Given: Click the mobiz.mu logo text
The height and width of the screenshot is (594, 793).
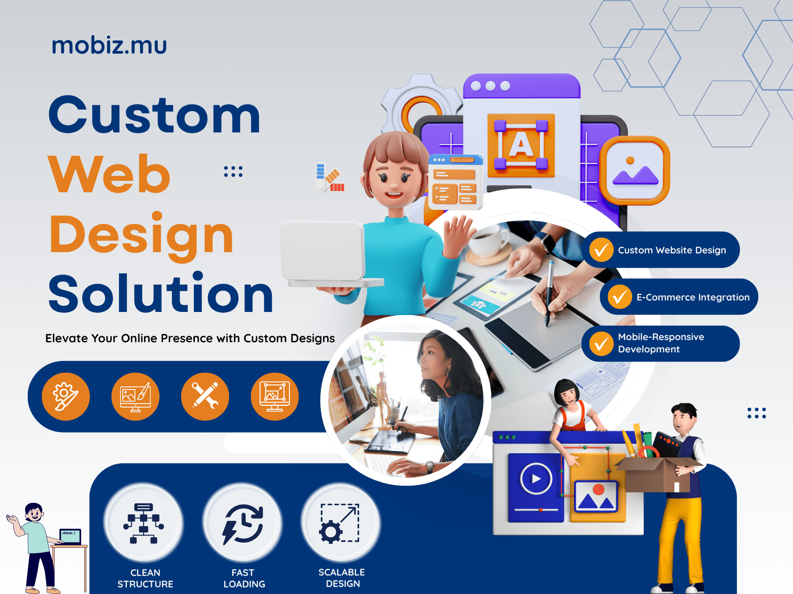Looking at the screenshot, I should point(109,46).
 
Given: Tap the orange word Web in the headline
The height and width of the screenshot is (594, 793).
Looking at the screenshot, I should point(109,174).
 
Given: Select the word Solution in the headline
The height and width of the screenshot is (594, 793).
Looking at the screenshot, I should point(161,294).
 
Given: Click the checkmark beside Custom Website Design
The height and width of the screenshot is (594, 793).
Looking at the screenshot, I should point(601,250).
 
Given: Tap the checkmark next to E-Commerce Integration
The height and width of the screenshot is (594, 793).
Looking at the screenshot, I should point(620,297).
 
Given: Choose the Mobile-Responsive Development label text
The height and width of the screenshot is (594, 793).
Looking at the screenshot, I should point(661,343).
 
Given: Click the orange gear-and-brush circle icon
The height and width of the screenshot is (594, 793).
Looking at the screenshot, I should point(66,396).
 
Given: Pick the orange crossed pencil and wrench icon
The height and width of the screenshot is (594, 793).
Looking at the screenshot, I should point(205,396).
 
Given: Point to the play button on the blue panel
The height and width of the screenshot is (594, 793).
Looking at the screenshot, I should point(536,479).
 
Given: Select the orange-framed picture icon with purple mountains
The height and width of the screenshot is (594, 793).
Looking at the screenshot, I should point(635,171).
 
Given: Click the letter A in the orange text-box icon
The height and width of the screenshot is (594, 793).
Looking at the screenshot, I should point(521,145).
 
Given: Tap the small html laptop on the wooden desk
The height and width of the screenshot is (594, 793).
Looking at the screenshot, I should point(70,536).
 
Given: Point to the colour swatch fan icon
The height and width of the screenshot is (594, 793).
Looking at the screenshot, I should point(330,179).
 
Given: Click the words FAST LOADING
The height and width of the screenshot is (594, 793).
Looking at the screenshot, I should point(244,578).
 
